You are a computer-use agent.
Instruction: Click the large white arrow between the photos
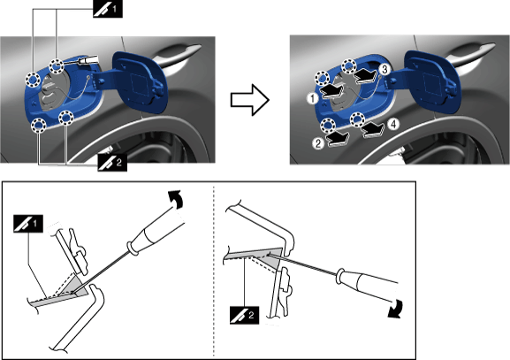tap(250, 100)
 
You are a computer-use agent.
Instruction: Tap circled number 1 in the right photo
tap(313, 98)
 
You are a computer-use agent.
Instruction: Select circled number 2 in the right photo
tap(318, 143)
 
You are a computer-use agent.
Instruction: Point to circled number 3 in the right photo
tap(384, 69)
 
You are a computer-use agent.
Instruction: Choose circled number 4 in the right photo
tap(393, 124)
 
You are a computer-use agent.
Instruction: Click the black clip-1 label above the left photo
tap(108, 9)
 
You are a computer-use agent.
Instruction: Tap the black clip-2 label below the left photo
tap(112, 162)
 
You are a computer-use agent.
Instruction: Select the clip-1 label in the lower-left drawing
tap(28, 224)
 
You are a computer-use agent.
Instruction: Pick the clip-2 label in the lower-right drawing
tap(244, 315)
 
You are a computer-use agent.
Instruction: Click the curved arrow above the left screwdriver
tap(176, 198)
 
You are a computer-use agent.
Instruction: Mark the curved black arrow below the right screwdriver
tap(396, 310)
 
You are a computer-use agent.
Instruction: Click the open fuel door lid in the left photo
tap(140, 82)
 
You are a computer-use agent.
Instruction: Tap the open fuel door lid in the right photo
tap(431, 81)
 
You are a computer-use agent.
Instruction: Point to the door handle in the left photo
tap(178, 56)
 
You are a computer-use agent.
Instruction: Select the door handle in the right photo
tap(471, 54)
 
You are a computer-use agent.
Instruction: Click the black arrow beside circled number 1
tap(332, 90)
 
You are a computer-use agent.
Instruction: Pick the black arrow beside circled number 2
tap(339, 138)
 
